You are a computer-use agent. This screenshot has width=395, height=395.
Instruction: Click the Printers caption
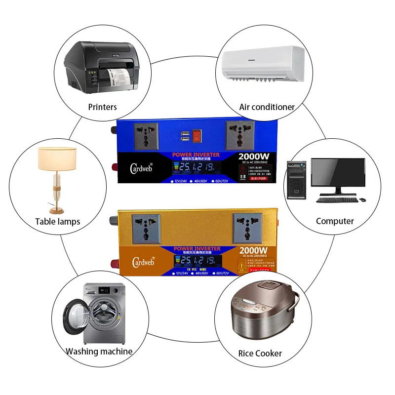[x=103, y=107]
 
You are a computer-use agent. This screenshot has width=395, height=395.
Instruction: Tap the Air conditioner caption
[x=267, y=107]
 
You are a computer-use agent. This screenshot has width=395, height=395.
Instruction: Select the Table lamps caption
[x=58, y=221]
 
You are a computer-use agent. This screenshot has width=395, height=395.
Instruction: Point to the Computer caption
[x=335, y=221]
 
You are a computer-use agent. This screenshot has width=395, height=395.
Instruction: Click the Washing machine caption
[x=99, y=352]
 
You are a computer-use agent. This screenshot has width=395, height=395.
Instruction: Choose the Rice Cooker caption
[x=260, y=353]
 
